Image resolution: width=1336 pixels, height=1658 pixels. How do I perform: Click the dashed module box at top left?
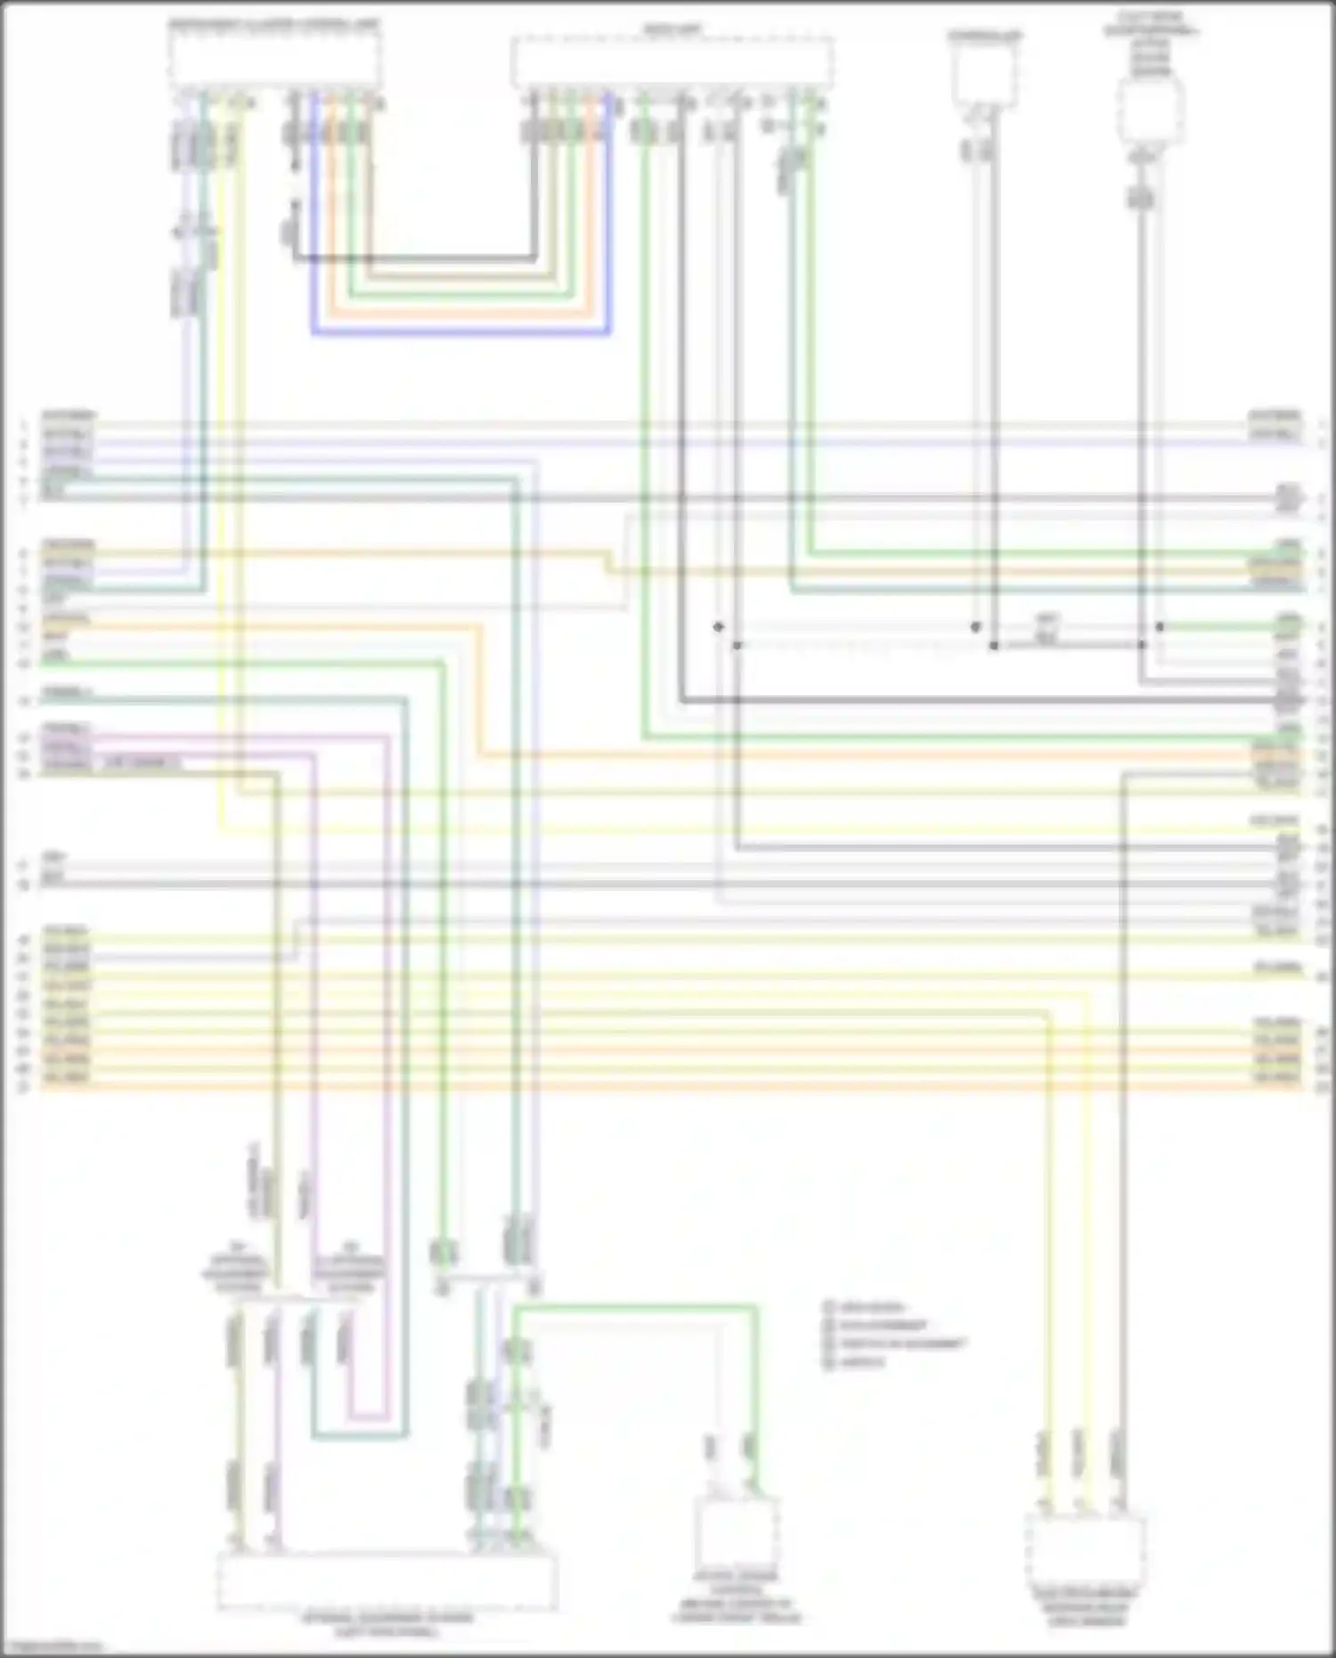point(275,61)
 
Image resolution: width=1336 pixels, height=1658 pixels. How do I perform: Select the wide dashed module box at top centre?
point(672,62)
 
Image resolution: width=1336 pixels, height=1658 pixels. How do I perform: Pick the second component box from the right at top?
point(984,76)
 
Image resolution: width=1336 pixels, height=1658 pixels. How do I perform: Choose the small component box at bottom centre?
point(736,1530)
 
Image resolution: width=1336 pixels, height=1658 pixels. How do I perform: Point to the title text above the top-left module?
point(273,25)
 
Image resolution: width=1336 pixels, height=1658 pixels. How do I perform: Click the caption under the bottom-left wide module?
point(388,1624)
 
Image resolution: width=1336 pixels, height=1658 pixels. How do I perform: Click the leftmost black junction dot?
point(718,627)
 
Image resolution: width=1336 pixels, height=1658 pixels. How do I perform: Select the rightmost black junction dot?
point(1160,627)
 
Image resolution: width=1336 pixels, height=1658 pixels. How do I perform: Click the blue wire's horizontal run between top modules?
point(460,333)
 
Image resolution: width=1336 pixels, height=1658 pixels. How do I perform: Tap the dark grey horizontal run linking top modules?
point(415,259)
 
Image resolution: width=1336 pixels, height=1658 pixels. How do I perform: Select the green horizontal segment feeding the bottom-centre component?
point(635,1308)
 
